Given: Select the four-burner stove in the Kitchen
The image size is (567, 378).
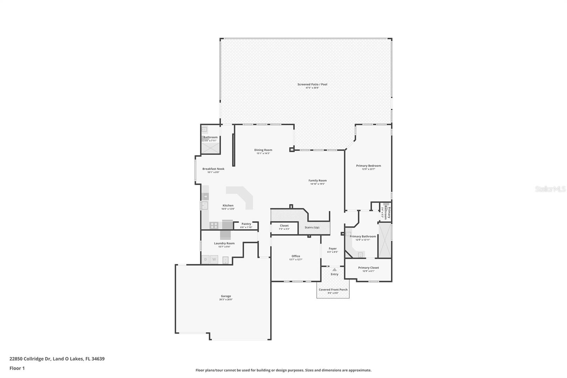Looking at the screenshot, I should pyautogui.click(x=214, y=225).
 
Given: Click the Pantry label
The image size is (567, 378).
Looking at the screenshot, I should pyautogui.click(x=246, y=224).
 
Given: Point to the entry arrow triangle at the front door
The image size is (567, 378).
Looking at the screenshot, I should pyautogui.click(x=335, y=269).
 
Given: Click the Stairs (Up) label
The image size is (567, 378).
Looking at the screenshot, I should pyautogui.click(x=312, y=227).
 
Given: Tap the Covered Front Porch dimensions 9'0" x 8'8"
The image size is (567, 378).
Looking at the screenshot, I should pyautogui.click(x=333, y=293).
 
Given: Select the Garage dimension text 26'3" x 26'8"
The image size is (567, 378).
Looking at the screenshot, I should pyautogui.click(x=226, y=300).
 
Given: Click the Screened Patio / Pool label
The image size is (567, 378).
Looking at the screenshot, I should pyautogui.click(x=312, y=84).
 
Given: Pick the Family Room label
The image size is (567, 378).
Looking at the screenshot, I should pyautogui.click(x=318, y=180).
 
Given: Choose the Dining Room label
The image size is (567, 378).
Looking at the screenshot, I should pyautogui.click(x=263, y=150).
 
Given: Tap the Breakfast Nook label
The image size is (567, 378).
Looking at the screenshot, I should pyautogui.click(x=213, y=169).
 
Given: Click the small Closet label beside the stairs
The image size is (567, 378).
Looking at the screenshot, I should pyautogui.click(x=284, y=226).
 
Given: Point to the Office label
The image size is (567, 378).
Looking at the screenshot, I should pyautogui.click(x=296, y=256).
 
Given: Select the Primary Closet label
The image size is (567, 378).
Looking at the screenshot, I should pyautogui.click(x=369, y=268).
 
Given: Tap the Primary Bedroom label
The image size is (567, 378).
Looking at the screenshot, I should pyautogui.click(x=369, y=166).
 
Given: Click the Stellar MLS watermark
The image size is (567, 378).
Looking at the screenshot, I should pyautogui.click(x=550, y=189).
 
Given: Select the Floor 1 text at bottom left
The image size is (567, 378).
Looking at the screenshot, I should pyautogui.click(x=17, y=368).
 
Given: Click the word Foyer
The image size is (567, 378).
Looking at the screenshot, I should pyautogui.click(x=332, y=249).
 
